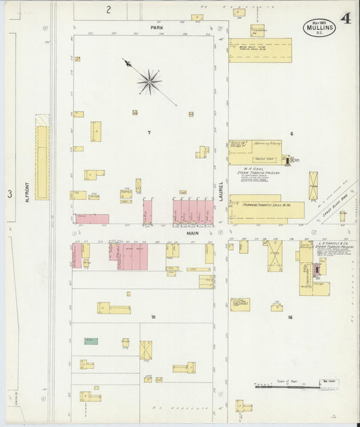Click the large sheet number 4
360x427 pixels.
[x=345, y=19]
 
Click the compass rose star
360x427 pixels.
[x=149, y=82]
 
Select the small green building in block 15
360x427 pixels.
[x=91, y=341]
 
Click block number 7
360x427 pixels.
[x=149, y=133]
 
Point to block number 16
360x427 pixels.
[x=290, y=317]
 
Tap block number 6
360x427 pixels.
[x=292, y=133]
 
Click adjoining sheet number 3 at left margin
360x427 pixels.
[x=9, y=194]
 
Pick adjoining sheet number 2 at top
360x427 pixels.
[x=107, y=9]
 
